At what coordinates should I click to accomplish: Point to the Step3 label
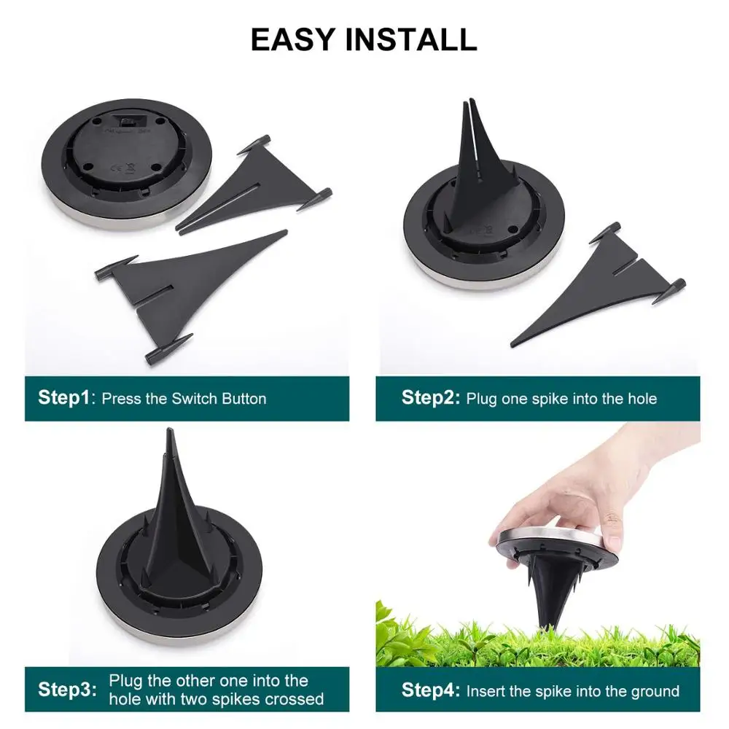pyautogui.click(x=66, y=690)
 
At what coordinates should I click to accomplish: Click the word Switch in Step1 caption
pyautogui.click(x=196, y=399)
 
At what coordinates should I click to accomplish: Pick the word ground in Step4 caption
pyautogui.click(x=653, y=690)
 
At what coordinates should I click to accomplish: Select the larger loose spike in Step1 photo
pyautogui.click(x=182, y=284)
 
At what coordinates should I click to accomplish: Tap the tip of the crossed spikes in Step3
pyautogui.click(x=169, y=434)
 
